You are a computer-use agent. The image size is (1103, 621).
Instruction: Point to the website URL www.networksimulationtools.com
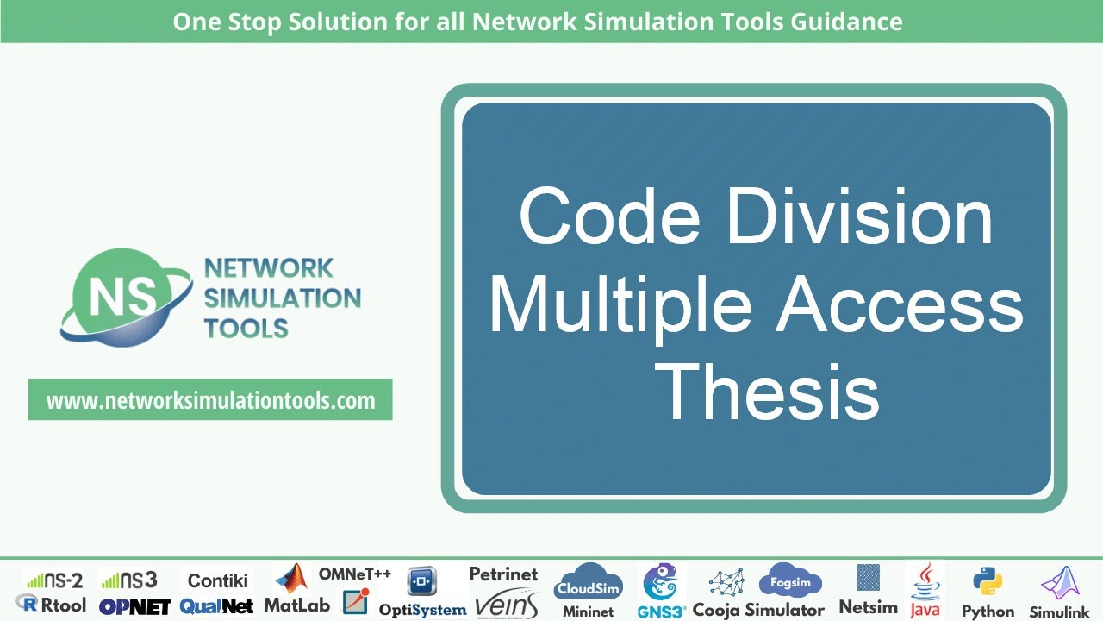210,401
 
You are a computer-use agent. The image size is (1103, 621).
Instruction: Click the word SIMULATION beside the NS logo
282,298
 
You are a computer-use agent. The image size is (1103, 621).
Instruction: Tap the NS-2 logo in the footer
53,580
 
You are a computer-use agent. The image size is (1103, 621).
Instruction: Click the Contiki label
218,580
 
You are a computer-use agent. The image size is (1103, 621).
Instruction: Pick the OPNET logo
134,606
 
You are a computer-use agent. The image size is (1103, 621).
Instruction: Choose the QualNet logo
216,606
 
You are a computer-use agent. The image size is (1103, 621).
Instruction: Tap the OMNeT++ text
355,574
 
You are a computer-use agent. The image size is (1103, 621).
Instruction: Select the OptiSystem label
422,609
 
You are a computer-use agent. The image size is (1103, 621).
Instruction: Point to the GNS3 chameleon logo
662,583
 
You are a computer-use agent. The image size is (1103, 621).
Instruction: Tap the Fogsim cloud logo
790,581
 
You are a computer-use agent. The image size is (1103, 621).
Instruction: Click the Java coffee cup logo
925,580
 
